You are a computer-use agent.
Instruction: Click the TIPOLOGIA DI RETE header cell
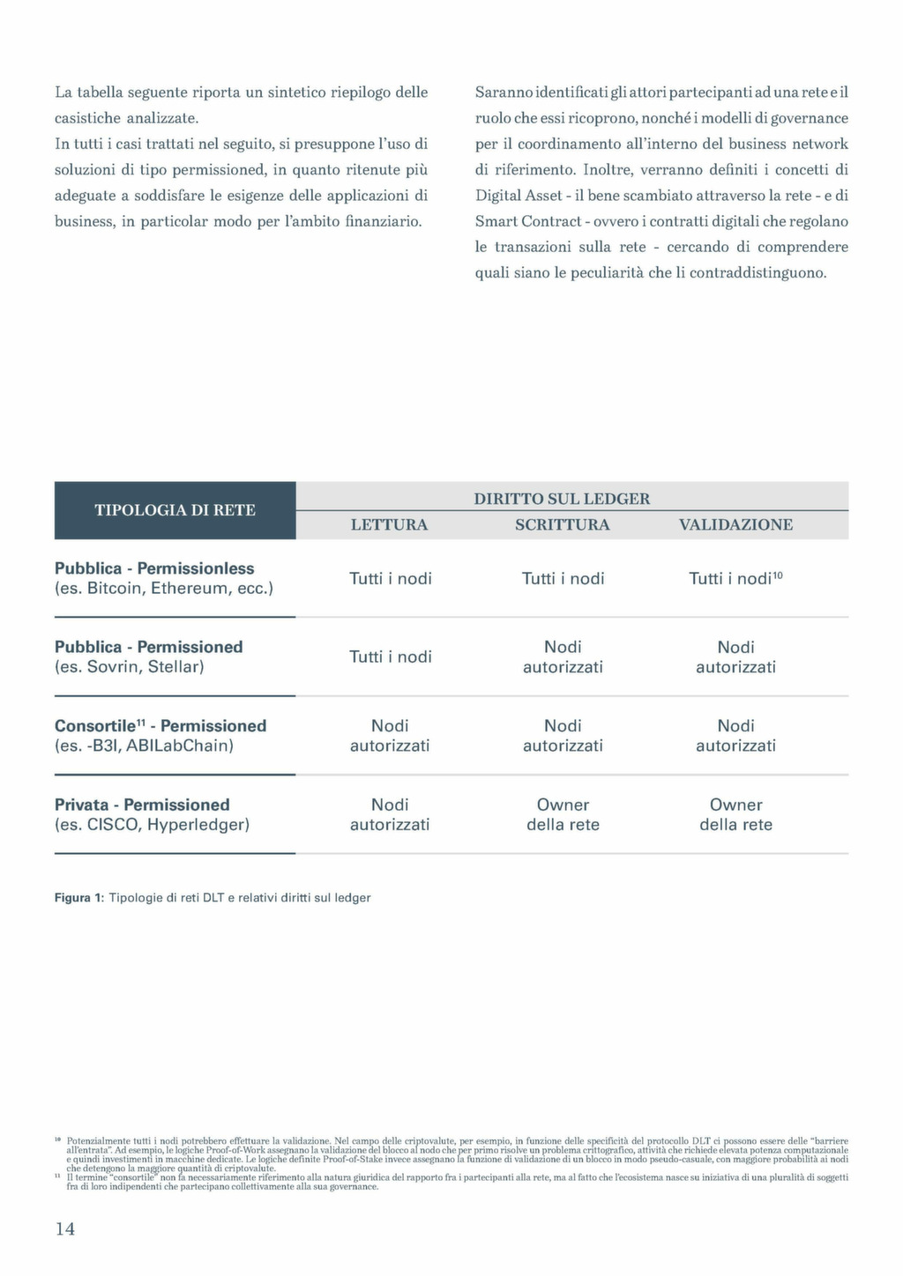175,510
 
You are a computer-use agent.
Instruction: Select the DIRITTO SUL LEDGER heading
562,499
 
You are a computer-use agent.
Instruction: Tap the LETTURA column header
389,525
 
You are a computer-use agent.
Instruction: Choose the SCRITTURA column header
562,525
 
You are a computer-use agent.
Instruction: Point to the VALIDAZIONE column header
735,525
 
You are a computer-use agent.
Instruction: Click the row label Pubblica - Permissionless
154,568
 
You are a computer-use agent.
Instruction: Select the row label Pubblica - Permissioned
148,647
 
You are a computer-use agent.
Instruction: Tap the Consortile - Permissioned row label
160,726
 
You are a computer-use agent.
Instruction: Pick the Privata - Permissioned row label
142,805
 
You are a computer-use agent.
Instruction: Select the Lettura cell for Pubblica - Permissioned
390,657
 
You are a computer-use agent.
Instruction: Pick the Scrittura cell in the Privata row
563,814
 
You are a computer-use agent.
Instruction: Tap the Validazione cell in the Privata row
735,814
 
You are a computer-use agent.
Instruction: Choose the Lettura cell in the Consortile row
390,736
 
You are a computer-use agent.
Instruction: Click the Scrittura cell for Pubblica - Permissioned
563,657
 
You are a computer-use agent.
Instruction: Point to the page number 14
65,1228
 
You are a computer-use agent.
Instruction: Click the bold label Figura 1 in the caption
79,898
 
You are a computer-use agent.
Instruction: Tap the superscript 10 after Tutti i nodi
778,575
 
